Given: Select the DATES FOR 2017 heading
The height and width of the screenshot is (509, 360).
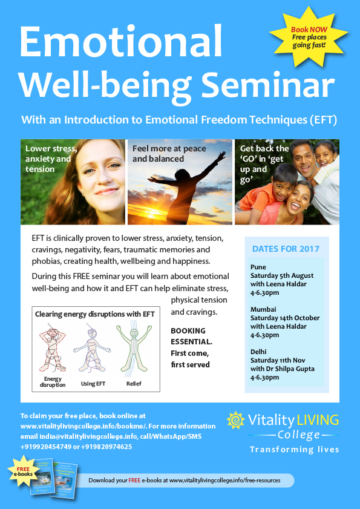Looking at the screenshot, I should coord(286,249).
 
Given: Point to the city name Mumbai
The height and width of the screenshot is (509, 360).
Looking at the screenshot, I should coord(263,309).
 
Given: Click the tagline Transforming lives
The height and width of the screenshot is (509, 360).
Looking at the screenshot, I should coord(294,449).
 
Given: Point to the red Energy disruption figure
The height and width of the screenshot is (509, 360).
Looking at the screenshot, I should coord(51,347).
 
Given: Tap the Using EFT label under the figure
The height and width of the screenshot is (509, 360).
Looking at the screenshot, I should coord(93,384).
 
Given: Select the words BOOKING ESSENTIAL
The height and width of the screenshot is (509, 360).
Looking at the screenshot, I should coord(188,335).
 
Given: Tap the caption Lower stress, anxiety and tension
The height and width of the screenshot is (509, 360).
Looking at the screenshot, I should coord(51,158).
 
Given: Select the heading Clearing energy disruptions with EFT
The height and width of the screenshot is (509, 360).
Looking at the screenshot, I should coord(95,314).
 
